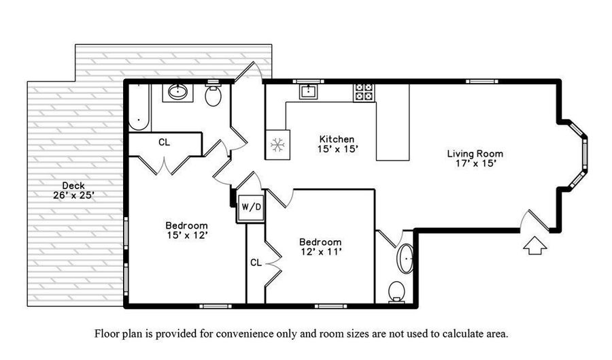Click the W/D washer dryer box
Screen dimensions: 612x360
coord(251,207)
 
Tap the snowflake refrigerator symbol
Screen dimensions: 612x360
coord(277,145)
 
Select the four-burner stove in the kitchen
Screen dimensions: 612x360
coord(364,93)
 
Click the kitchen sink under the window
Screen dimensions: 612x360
coord(308,92)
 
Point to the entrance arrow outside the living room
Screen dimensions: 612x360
coord(534,246)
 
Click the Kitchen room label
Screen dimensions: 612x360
coord(337,139)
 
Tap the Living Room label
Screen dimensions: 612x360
coord(475,153)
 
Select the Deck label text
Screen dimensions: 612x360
coord(73,186)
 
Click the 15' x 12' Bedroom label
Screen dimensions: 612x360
coord(186,230)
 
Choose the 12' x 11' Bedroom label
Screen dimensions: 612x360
coord(320,247)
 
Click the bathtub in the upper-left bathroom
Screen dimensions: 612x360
coord(139,107)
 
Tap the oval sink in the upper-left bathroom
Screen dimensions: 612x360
coord(178,92)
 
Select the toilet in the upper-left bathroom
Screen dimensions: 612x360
coord(213,95)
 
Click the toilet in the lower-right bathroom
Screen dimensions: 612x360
coord(396,291)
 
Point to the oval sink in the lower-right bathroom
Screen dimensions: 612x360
coord(405,259)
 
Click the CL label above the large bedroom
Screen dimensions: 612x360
coord(165,142)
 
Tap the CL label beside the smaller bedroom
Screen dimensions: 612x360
coord(256,263)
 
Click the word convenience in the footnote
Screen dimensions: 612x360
coord(245,334)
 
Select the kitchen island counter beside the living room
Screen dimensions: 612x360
coord(392,122)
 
